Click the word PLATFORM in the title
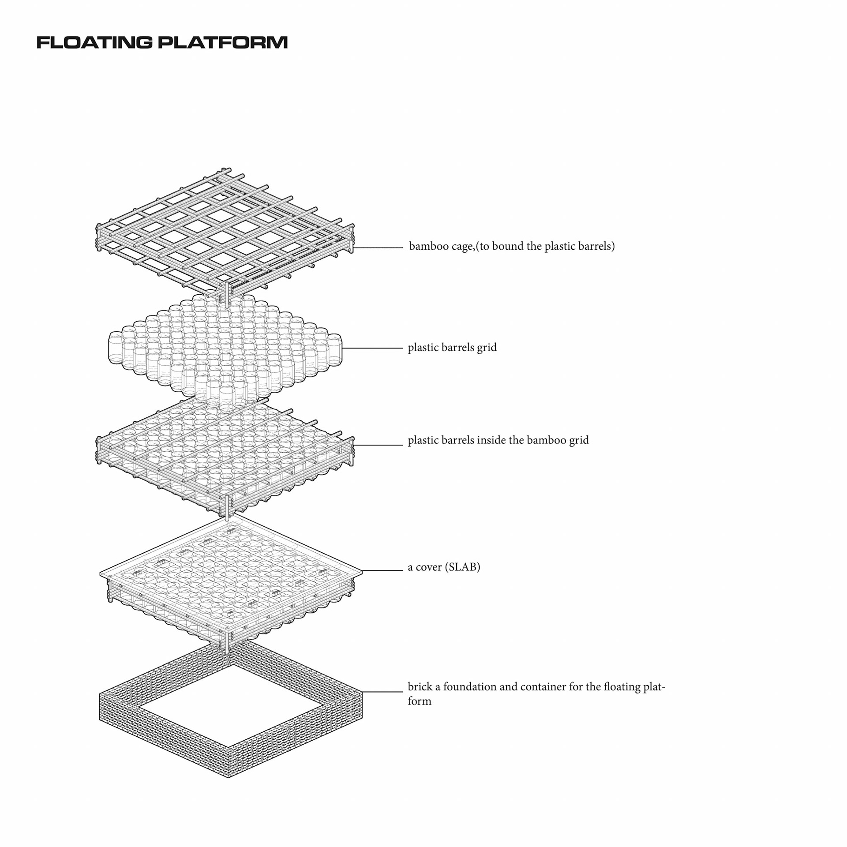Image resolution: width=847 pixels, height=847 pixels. tap(223, 43)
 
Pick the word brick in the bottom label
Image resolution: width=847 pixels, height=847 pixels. tap(420, 687)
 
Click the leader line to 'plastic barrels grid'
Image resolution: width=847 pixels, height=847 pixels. tap(372, 349)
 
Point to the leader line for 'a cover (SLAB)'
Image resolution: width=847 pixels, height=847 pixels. tap(382, 570)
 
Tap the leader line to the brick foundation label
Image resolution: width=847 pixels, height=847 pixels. tap(382, 692)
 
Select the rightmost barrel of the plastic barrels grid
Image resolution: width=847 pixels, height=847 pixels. tap(334, 349)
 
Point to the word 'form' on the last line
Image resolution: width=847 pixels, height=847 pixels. tap(420, 701)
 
